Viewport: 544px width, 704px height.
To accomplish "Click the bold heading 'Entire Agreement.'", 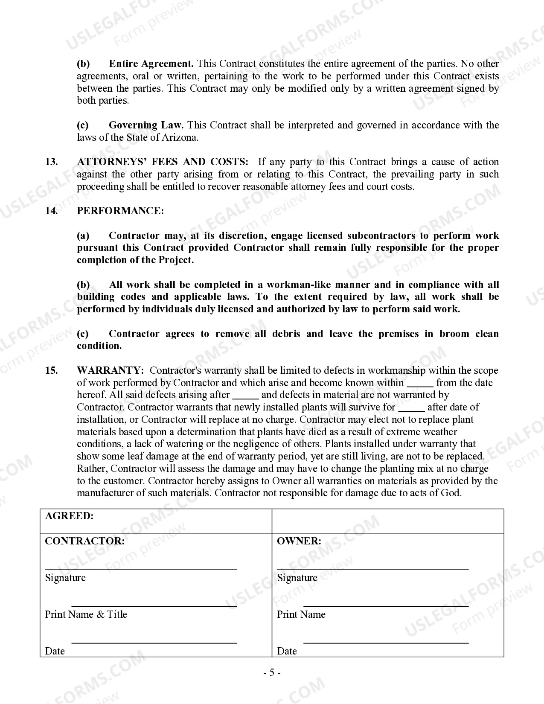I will [x=151, y=64].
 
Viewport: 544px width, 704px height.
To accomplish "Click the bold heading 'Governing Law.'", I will [x=146, y=125].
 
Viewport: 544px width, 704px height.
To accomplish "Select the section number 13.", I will [x=51, y=162].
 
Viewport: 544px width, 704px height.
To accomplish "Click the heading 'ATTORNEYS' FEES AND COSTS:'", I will [x=163, y=162].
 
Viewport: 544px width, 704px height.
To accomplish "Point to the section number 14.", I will [x=51, y=211].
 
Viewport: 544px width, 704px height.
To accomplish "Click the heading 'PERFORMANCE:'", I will [x=120, y=211].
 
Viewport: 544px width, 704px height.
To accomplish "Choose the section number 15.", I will [x=51, y=371].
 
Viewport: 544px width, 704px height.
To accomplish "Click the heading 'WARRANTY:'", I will [x=110, y=371].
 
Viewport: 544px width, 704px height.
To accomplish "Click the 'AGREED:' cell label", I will [x=69, y=516].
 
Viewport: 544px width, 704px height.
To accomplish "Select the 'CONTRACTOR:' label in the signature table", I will [x=85, y=541].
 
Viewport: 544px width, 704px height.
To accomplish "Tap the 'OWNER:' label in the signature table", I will [x=299, y=541].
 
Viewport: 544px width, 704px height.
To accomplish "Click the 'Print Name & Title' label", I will [x=86, y=615].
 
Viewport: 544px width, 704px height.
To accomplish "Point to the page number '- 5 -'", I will [x=272, y=673].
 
